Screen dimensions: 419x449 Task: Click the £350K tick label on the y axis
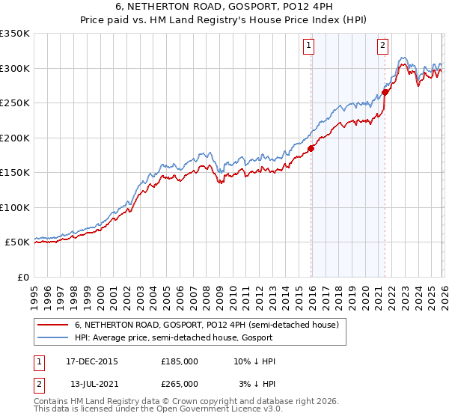click(x=15, y=34)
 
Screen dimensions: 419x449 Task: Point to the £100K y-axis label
click(x=15, y=207)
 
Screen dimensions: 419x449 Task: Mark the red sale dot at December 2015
click(x=311, y=148)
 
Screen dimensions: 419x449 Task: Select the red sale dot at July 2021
click(x=385, y=93)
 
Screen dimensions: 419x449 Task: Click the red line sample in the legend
click(x=52, y=325)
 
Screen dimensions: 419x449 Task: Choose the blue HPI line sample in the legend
click(x=52, y=337)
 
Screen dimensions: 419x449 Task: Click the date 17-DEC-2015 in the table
click(x=92, y=361)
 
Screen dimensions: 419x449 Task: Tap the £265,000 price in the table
click(x=180, y=383)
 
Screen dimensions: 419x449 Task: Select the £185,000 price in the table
click(x=180, y=361)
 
